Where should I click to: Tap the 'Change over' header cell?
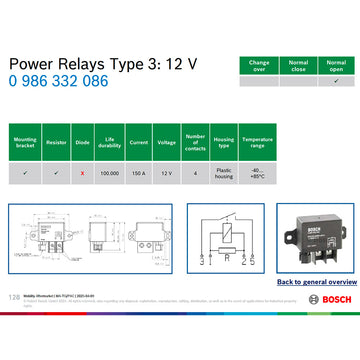(x=258, y=65)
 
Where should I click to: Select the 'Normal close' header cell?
(x=297, y=65)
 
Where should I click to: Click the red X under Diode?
(x=81, y=172)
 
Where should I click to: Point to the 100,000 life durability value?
(x=109, y=172)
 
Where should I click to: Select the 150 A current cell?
(x=138, y=172)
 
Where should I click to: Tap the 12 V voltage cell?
(x=167, y=172)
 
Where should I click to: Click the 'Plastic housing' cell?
(x=224, y=172)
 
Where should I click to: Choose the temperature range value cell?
(x=257, y=172)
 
